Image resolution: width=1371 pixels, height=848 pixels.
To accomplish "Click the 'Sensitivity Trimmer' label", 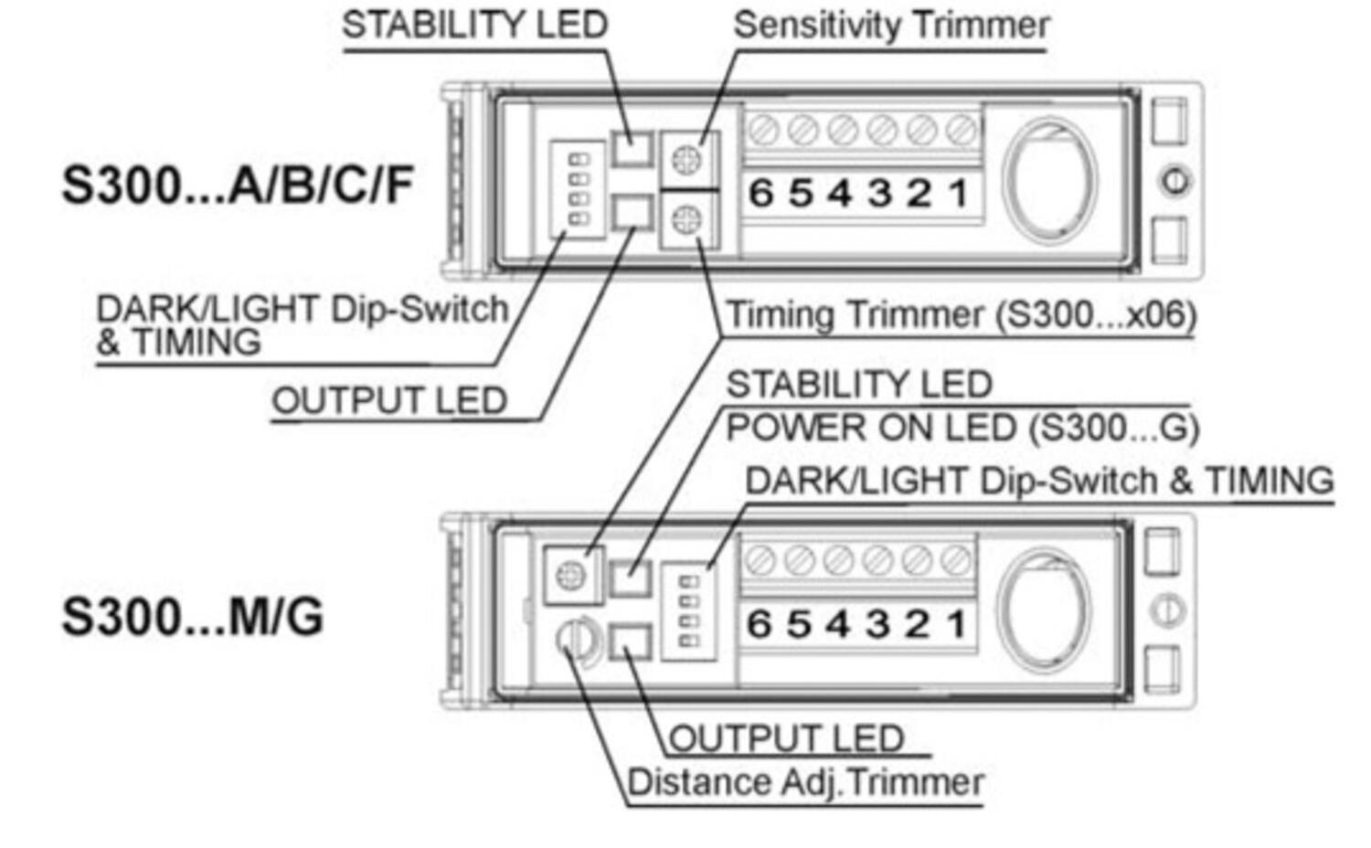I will (891, 25).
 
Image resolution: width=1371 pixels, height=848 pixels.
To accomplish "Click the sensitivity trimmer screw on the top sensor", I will (686, 160).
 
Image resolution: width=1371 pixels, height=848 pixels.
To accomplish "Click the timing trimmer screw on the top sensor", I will (686, 219).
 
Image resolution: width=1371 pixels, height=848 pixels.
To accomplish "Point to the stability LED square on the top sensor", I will (632, 148).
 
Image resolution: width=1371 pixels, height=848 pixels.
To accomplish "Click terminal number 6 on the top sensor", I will (760, 194).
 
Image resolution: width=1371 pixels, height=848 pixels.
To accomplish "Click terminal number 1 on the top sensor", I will (958, 194).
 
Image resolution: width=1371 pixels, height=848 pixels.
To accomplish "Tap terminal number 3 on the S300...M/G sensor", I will (877, 624).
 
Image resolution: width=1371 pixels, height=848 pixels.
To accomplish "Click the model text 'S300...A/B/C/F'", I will (238, 185).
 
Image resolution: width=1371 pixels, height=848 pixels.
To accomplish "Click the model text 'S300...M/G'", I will (192, 617).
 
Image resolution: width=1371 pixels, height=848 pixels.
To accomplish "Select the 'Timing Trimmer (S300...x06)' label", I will (960, 315).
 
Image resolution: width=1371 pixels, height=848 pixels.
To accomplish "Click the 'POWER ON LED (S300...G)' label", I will (962, 429).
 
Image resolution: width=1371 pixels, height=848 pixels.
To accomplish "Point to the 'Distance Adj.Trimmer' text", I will (805, 783).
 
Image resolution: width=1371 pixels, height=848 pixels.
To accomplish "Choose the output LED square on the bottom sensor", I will (630, 641).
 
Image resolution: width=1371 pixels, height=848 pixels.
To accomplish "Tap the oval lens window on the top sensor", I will (1049, 181).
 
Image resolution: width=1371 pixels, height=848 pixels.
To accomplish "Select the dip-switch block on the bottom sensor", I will (689, 611).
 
